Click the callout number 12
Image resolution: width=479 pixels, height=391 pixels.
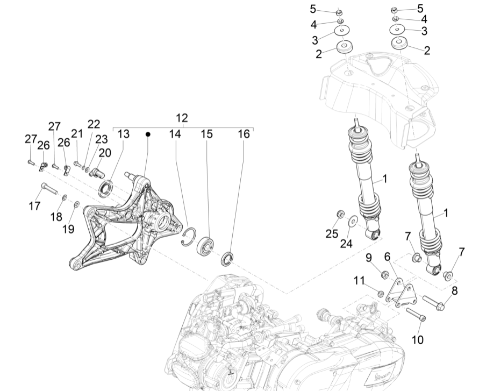tap(182, 118)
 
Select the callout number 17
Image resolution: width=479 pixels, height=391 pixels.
tap(34, 206)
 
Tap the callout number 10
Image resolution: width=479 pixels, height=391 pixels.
tap(418, 339)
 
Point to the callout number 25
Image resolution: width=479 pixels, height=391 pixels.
tap(332, 233)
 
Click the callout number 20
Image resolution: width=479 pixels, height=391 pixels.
tap(104, 153)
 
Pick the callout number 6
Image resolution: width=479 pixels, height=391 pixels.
tap(387, 258)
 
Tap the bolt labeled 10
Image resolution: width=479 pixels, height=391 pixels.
tap(416, 315)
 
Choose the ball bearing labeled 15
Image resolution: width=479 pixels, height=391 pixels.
tap(206, 246)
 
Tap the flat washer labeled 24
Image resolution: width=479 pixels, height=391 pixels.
tap(353, 220)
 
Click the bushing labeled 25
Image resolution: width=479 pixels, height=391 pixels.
tap(339, 215)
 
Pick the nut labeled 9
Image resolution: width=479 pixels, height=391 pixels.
tap(384, 275)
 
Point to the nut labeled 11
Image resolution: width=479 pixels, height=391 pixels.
tap(381, 294)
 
